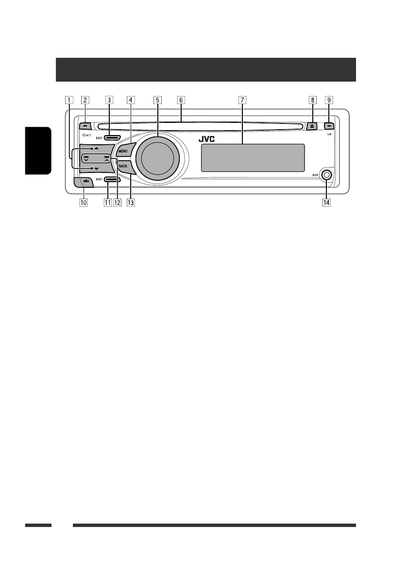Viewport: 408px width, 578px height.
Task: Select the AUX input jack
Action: point(326,175)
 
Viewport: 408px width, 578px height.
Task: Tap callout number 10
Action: point(84,202)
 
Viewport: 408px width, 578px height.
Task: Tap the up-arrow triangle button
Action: point(91,146)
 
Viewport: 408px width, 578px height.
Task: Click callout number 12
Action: point(117,202)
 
